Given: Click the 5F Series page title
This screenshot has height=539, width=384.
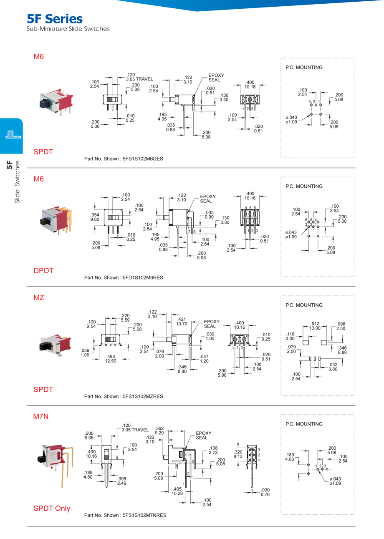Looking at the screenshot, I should (x=54, y=19).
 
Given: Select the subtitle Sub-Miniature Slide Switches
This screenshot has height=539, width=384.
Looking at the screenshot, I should (x=68, y=29).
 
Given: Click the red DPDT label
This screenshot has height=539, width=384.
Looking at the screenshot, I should (x=43, y=271).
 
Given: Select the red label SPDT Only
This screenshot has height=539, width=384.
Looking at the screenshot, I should (x=52, y=509).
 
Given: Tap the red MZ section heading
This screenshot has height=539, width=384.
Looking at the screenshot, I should (x=39, y=298).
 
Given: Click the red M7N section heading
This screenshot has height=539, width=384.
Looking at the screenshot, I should (x=41, y=416).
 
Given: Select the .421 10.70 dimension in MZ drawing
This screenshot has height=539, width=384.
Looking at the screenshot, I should (x=182, y=321).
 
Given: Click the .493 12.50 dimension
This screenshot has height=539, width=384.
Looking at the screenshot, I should (x=111, y=358).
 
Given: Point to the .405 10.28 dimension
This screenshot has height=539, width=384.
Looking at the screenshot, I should (x=177, y=491).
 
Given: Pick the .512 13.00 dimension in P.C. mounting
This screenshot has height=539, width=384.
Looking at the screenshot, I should (x=315, y=325).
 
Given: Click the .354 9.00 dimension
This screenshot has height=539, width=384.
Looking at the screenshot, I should (x=95, y=217).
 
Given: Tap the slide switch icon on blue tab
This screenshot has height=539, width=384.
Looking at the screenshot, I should (x=11, y=135).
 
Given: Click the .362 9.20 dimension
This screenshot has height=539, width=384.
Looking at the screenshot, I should (x=159, y=431).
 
